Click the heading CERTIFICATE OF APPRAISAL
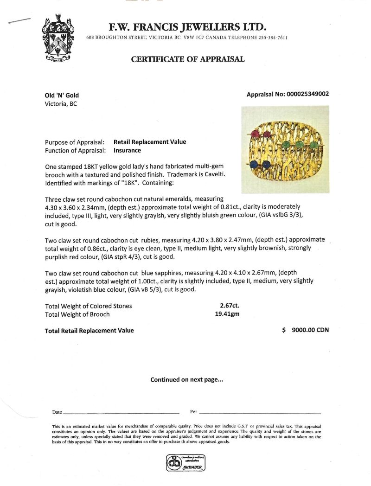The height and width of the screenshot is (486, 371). tap(188, 59)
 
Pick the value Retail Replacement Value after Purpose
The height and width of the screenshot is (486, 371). tap(150, 142)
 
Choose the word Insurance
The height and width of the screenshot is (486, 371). tap(127, 150)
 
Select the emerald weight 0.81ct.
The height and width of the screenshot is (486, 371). tap(252, 206)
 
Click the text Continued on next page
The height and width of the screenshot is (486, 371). tap(187, 380)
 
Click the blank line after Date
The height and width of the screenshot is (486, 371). tap(121, 412)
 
